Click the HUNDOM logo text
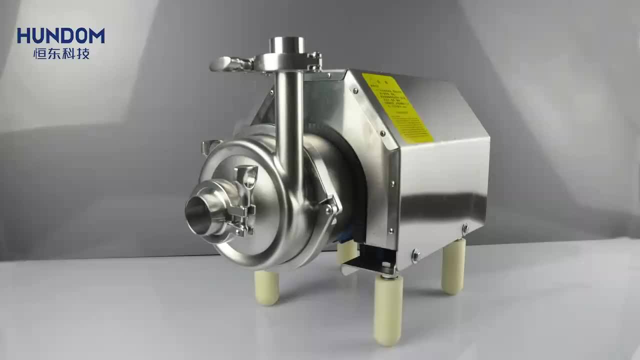point(60,35)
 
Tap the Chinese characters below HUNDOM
point(60,53)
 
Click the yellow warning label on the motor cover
point(397,107)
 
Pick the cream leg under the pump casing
point(266,287)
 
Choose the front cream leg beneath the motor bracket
point(388,310)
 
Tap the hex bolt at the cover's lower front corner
point(415,256)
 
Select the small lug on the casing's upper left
point(210,146)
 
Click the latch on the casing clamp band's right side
point(330,207)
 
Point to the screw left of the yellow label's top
point(354,91)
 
